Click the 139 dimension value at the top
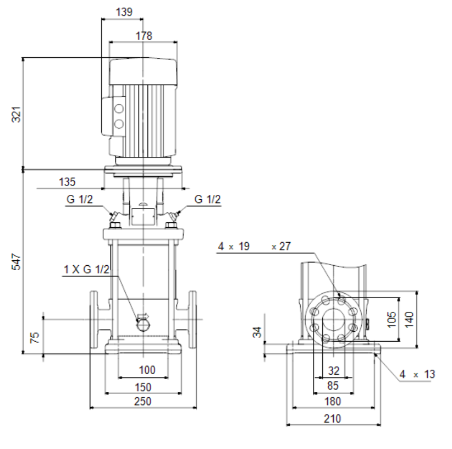(x=124, y=12)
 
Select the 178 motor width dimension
(x=144, y=36)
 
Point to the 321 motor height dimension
(x=16, y=114)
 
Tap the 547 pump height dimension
(x=16, y=261)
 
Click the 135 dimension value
(x=67, y=182)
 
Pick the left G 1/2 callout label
(x=80, y=199)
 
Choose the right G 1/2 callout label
(x=207, y=199)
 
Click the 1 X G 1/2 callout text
(x=86, y=269)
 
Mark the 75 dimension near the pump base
(x=35, y=337)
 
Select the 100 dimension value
(x=147, y=370)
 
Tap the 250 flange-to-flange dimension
(x=142, y=401)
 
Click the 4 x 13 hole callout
(x=417, y=374)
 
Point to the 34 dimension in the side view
(x=257, y=332)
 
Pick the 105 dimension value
(x=392, y=319)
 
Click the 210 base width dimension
(x=332, y=418)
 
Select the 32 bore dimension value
(x=334, y=370)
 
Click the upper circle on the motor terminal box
(x=119, y=109)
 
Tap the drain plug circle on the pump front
(x=144, y=325)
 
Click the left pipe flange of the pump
(x=93, y=320)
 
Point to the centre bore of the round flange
(x=333, y=320)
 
